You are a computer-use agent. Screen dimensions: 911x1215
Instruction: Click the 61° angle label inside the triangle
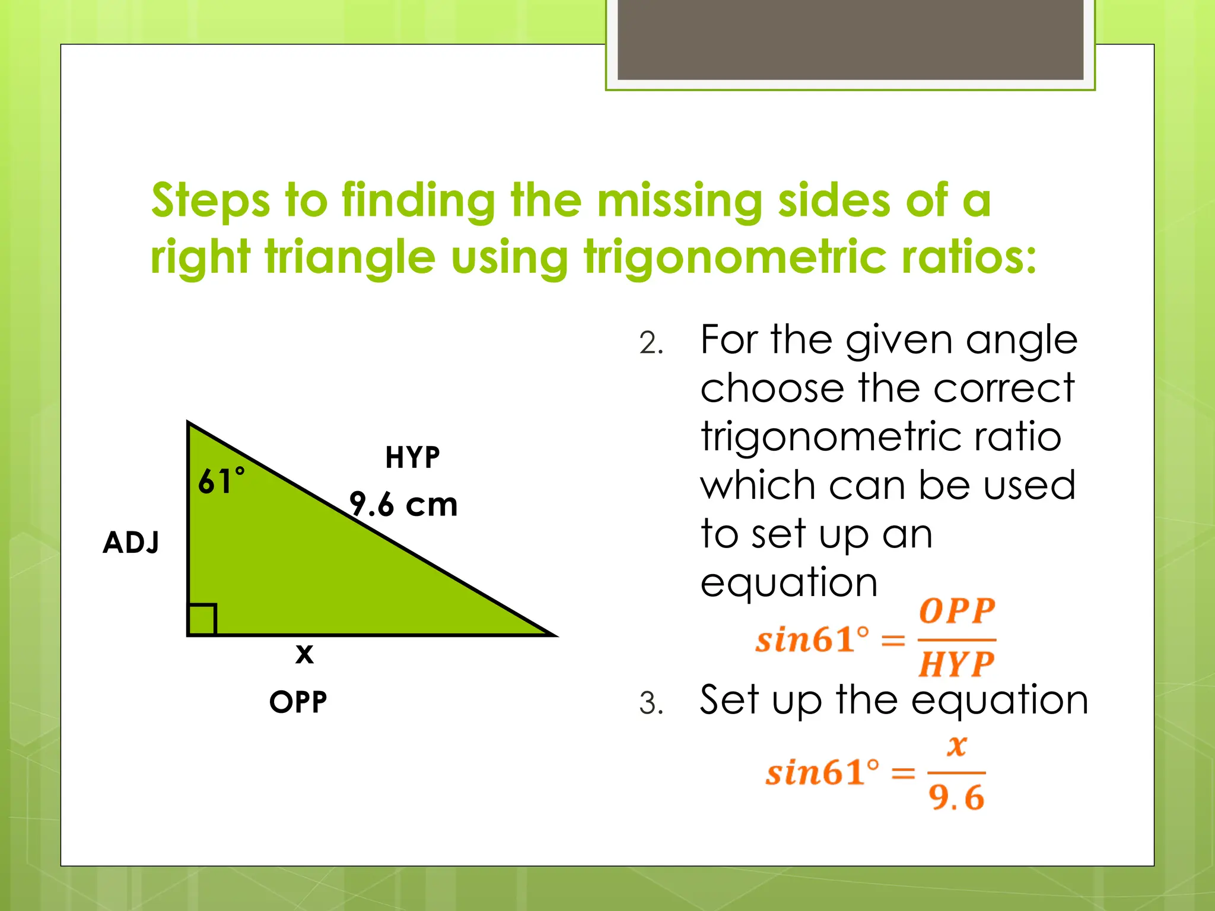click(221, 481)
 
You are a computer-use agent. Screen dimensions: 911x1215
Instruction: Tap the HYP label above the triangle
click(412, 458)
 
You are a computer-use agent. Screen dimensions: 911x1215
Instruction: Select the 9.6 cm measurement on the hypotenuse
click(403, 505)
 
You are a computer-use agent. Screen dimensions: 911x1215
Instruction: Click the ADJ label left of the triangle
click(131, 543)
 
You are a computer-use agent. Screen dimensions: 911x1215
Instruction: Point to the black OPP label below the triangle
click(298, 702)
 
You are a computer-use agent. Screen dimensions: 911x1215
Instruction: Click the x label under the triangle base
click(304, 654)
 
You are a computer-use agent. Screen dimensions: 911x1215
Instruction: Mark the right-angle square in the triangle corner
click(202, 620)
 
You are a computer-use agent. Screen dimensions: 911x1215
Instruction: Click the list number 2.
click(651, 344)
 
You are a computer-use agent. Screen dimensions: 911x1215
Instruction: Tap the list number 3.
click(651, 704)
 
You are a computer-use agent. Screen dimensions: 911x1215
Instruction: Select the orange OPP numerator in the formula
click(957, 611)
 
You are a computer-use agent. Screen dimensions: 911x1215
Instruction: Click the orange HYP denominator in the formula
click(956, 664)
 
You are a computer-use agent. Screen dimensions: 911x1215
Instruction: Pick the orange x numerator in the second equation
click(957, 746)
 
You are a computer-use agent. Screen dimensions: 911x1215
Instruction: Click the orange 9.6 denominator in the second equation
click(956, 798)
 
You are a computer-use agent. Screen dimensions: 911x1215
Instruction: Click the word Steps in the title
click(211, 202)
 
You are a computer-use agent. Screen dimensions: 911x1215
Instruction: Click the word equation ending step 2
click(789, 582)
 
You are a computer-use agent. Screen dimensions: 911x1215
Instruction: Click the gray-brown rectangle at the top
click(850, 39)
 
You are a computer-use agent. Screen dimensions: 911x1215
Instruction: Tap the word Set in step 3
click(729, 700)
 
